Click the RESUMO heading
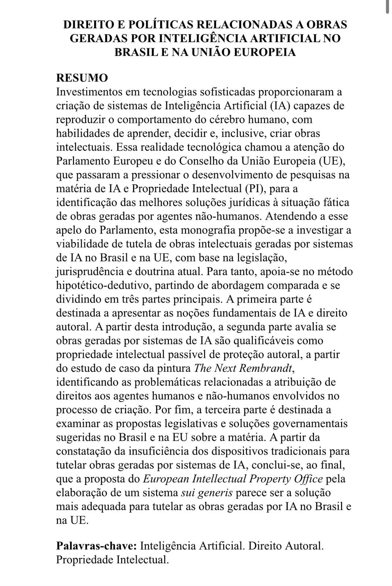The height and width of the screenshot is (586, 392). [x=82, y=78]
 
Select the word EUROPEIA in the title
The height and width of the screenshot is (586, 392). [x=265, y=52]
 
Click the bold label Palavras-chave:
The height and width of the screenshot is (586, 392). [x=97, y=546]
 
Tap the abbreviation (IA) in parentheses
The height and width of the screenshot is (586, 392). [x=281, y=106]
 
